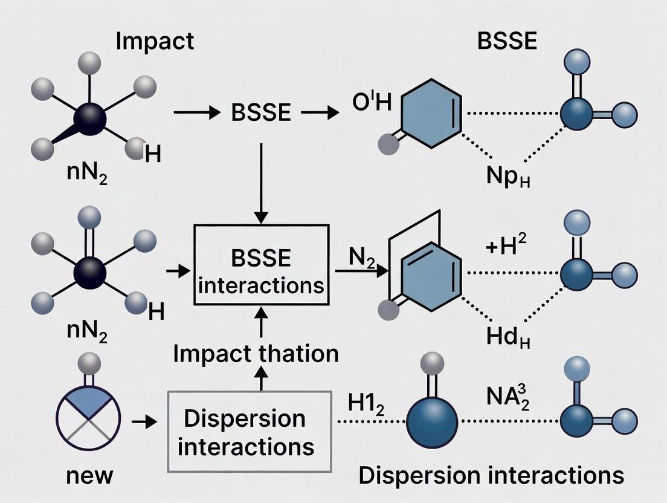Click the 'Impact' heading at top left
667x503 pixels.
tap(155, 41)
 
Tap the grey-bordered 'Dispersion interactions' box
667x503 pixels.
tap(250, 432)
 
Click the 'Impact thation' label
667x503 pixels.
tap(256, 354)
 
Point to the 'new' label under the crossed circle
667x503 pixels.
tap(89, 475)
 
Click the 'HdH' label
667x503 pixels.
tap(507, 336)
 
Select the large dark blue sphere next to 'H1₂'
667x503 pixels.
tap(433, 422)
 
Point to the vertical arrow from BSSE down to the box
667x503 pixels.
tap(261, 182)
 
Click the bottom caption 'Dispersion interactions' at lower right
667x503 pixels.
tap(491, 475)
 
